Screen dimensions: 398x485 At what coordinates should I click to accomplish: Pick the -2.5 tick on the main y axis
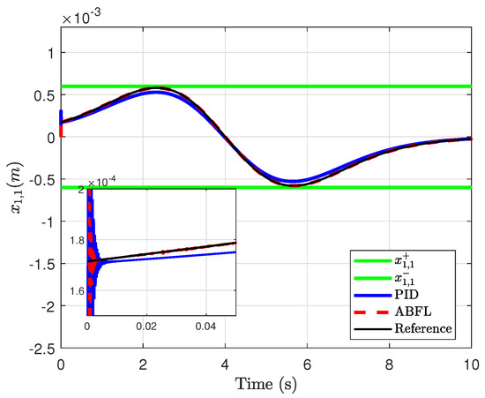(41, 348)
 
